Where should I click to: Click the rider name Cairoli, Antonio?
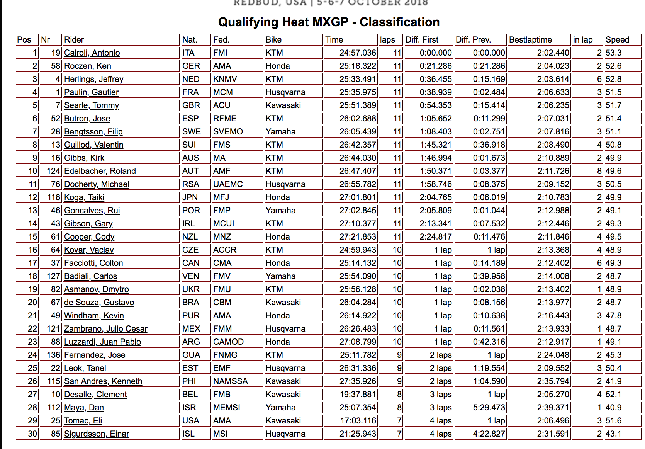click(92, 53)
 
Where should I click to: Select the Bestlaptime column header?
click(530, 40)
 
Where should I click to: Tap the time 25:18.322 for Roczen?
click(358, 66)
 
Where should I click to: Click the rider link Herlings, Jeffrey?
click(93, 79)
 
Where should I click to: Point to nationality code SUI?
click(189, 145)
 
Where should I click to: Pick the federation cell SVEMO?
click(228, 132)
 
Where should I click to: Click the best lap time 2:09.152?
click(553, 184)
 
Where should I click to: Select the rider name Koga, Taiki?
click(84, 197)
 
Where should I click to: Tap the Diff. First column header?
click(422, 40)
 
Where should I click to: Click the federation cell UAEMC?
click(228, 184)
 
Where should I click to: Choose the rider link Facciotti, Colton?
click(93, 263)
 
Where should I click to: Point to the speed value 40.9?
click(613, 408)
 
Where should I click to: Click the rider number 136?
click(54, 355)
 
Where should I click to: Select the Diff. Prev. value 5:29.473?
click(489, 408)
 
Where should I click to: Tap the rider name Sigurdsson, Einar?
click(97, 434)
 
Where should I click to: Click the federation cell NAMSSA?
click(231, 381)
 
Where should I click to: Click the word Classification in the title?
click(399, 22)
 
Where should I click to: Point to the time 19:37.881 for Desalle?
click(358, 395)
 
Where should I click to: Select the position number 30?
click(32, 434)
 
